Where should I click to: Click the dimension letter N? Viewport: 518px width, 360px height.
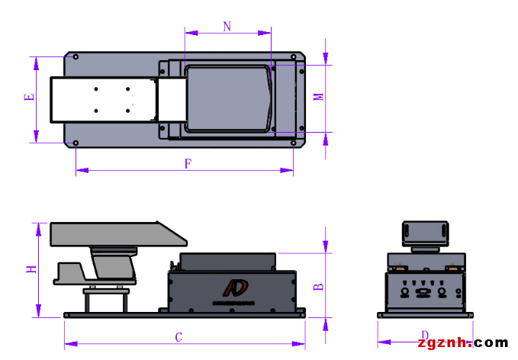point(227,26)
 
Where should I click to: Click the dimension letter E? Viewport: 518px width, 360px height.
point(29,98)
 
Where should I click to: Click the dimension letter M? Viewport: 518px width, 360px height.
point(320,97)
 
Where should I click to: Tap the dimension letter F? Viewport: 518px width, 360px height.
point(188,163)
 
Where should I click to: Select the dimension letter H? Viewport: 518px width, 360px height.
point(31,269)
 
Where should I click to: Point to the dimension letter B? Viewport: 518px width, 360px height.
point(320,287)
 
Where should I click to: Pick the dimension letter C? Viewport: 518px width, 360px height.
point(179,336)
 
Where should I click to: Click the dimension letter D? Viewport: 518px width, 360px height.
point(424,335)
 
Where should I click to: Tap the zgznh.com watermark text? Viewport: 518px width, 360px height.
point(463,342)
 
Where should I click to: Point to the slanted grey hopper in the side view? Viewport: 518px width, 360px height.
point(111,233)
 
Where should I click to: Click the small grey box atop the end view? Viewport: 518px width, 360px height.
point(424,230)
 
